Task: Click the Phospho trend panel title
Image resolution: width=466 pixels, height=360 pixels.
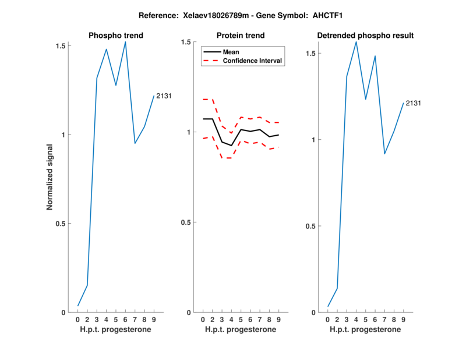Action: click(x=115, y=36)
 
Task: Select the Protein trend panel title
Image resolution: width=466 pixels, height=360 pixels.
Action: click(x=241, y=36)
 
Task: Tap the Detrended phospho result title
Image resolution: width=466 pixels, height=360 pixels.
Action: click(x=365, y=36)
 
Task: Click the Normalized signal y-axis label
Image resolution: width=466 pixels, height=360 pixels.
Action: click(x=50, y=178)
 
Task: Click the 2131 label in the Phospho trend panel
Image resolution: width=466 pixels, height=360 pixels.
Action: click(x=164, y=96)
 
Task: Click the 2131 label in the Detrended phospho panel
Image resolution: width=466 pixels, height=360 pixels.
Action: click(x=413, y=103)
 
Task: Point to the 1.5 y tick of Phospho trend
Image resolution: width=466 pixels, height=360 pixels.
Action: click(x=61, y=45)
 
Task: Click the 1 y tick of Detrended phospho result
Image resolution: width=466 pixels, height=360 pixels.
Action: click(x=313, y=140)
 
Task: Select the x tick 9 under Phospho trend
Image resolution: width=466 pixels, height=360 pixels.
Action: click(x=154, y=320)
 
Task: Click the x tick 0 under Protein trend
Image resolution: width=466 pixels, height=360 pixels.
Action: click(x=203, y=320)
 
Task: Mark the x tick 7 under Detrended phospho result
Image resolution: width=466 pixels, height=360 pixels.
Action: click(x=384, y=320)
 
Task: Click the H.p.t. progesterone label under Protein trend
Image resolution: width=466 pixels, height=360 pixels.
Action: click(x=241, y=330)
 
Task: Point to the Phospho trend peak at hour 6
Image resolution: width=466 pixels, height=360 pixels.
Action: click(x=125, y=42)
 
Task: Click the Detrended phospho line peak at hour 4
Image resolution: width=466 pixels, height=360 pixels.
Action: click(x=356, y=41)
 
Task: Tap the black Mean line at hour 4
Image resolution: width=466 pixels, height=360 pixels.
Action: click(x=231, y=146)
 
